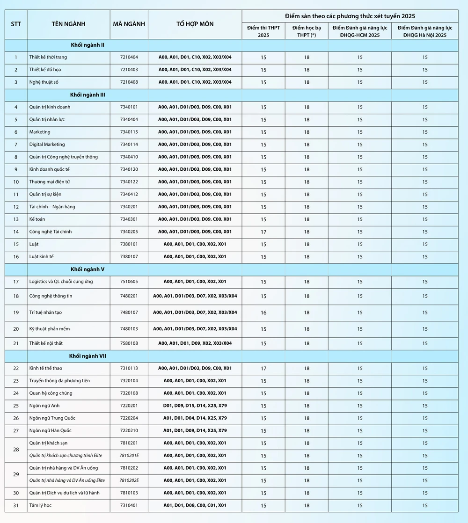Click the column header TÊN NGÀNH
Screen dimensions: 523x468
68,24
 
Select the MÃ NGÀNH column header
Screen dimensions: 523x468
129,24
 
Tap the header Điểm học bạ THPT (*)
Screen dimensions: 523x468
307,31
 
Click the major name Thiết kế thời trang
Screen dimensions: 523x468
48,57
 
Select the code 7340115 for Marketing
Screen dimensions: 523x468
129,132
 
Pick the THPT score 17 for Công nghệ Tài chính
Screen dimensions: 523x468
263,232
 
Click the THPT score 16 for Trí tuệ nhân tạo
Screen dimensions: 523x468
263,312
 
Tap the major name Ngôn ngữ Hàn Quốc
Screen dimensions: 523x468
50,430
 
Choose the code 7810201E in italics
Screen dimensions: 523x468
129,455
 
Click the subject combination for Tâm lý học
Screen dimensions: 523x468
195,505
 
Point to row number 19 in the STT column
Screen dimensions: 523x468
16,312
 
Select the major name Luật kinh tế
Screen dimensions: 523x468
41,256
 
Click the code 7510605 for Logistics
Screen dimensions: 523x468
129,282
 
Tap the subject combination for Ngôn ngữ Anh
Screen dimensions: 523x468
195,406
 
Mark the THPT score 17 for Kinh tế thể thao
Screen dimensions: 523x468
263,369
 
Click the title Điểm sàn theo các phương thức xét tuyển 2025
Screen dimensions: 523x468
350,16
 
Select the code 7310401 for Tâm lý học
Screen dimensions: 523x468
129,505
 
